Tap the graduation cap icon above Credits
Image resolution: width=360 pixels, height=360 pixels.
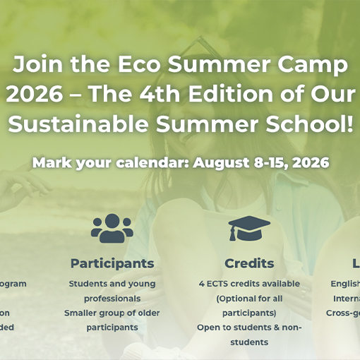pyautogui.click(x=249, y=229)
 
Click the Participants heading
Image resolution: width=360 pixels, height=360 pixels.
pyautogui.click(x=112, y=263)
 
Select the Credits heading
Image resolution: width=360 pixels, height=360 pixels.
pyautogui.click(x=249, y=263)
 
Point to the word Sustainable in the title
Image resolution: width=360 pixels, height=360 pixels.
pyautogui.click(x=78, y=126)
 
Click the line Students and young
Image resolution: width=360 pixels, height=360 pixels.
pyautogui.click(x=112, y=284)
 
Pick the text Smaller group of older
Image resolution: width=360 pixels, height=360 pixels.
pyautogui.click(x=112, y=313)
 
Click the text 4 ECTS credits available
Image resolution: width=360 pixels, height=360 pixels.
pyautogui.click(x=249, y=284)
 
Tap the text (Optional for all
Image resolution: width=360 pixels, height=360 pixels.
pyautogui.click(x=249, y=298)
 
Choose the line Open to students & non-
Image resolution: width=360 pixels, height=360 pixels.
pyautogui.click(x=249, y=328)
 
